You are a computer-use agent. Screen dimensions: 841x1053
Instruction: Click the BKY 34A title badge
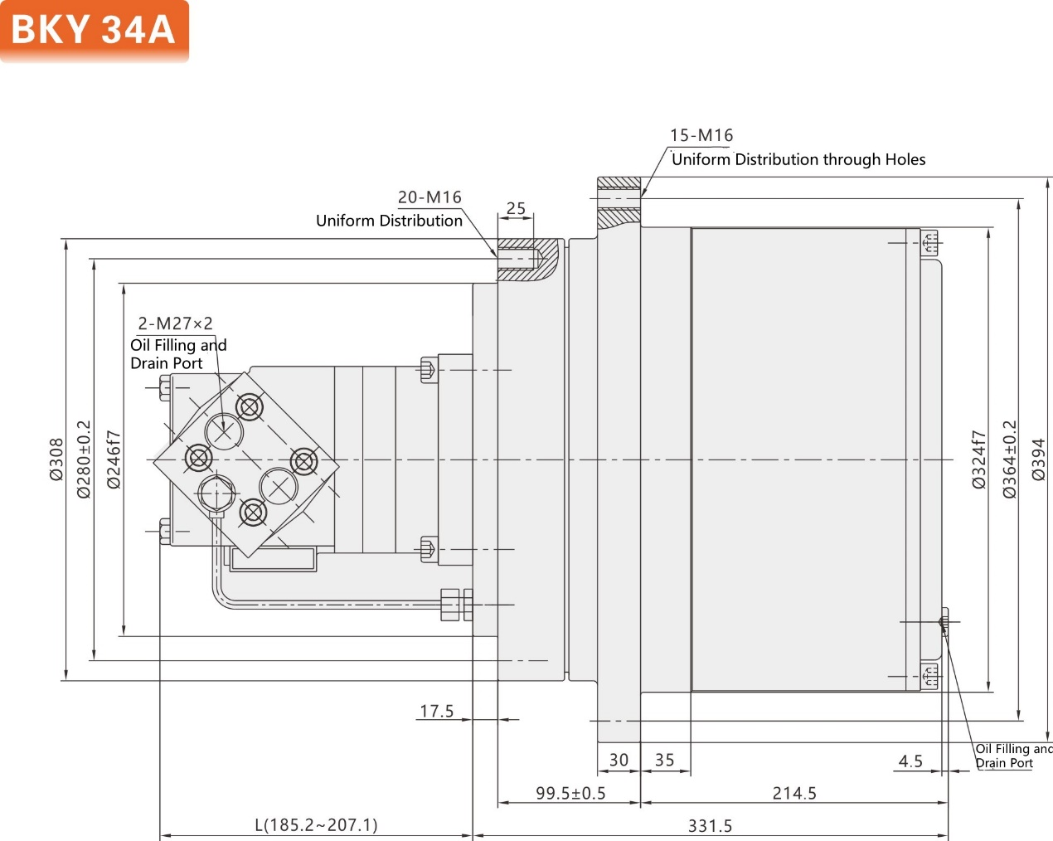pos(94,31)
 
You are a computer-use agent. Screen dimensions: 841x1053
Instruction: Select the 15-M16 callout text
pos(701,135)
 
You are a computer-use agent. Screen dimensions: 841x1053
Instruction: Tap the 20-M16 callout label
pos(429,197)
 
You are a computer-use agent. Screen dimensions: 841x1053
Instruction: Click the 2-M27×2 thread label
pos(175,323)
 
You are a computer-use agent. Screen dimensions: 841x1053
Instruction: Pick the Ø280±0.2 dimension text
pos(84,459)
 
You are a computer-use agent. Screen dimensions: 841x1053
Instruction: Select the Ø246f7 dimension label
pos(114,459)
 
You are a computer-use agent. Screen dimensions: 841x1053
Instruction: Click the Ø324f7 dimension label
pos(978,459)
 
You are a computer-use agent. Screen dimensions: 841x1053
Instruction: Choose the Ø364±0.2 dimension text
pos(1009,459)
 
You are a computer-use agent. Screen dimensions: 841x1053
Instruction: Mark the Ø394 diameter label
pos(1038,459)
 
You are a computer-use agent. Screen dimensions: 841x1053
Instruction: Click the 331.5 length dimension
pos(710,826)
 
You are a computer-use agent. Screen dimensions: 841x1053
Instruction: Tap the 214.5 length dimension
pos(794,794)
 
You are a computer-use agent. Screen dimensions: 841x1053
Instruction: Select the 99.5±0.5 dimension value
pos(570,794)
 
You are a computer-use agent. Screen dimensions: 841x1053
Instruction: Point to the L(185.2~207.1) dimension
pos(316,825)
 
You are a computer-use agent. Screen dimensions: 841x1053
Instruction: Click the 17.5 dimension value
pos(437,712)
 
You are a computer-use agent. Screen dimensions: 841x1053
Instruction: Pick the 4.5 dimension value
pos(910,761)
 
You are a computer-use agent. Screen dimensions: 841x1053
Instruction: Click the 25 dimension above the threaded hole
pos(516,208)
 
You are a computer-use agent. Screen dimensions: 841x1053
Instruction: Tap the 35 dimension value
pos(664,761)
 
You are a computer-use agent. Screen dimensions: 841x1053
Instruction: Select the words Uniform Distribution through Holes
pos(798,159)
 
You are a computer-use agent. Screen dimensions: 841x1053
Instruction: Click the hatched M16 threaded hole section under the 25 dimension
pos(521,259)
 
